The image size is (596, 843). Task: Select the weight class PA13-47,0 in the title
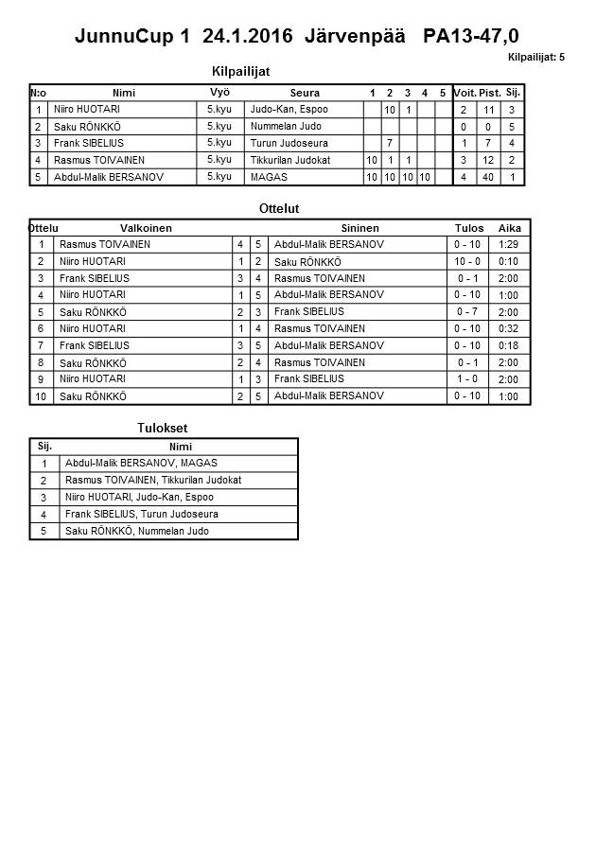[471, 37]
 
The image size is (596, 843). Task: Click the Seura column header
[305, 93]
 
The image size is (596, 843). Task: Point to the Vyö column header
[219, 93]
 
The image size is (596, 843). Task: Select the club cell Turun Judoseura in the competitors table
[281, 143]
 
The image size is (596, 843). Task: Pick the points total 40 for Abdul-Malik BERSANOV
[489, 177]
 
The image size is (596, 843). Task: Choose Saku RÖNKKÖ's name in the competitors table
[88, 126]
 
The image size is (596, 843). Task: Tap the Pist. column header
[489, 93]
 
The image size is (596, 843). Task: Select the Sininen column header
[359, 228]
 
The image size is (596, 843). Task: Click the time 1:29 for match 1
[509, 244]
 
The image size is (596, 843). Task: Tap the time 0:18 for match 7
[509, 346]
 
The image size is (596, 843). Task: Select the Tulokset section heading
[163, 429]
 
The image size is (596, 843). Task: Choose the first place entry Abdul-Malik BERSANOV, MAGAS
[141, 464]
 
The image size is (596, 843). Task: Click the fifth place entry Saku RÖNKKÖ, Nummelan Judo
[136, 532]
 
